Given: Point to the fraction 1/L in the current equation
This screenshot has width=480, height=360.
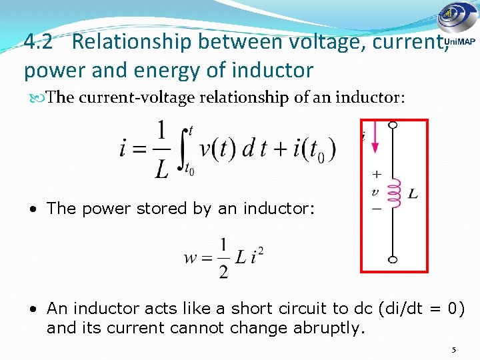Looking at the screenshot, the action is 161,151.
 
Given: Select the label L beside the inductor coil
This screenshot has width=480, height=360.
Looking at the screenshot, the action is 413,194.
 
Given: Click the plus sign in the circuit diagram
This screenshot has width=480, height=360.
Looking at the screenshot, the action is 377,174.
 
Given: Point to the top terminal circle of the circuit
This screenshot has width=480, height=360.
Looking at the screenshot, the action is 393,125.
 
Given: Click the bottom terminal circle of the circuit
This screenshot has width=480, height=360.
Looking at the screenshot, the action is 393,259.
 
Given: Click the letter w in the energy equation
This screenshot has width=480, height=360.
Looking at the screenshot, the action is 189,257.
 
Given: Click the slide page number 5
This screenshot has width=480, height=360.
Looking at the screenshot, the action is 453,349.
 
